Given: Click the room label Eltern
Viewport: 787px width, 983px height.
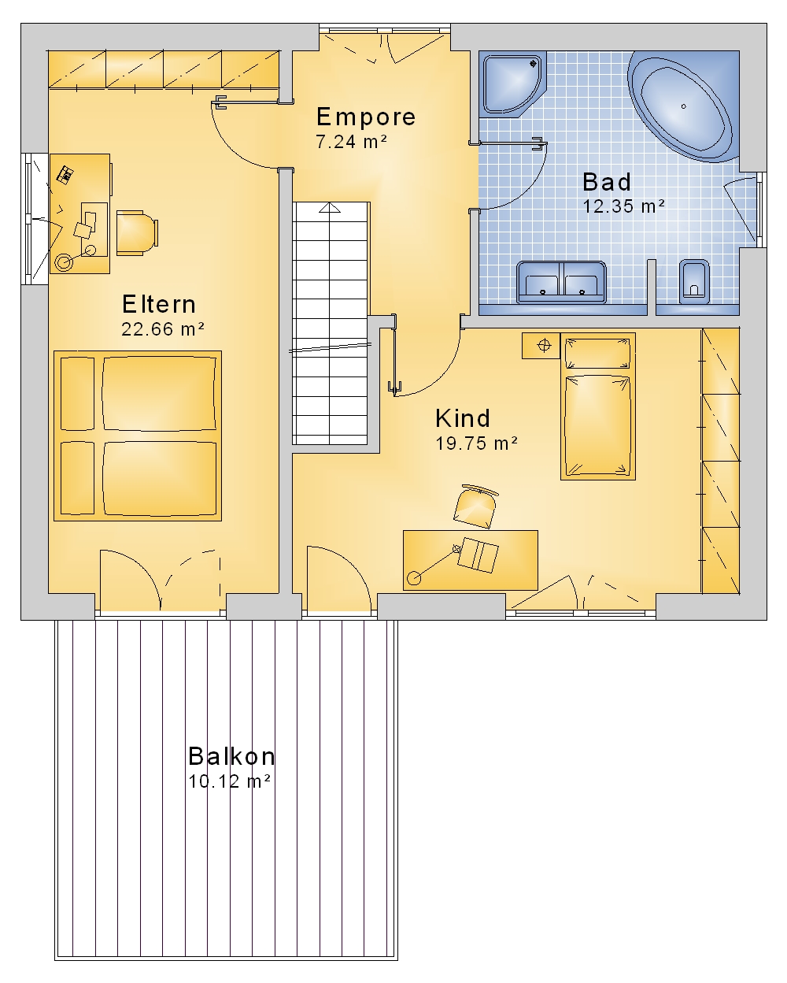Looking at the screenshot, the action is coord(159,304).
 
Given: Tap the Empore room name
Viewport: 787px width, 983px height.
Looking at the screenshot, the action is coord(366,117).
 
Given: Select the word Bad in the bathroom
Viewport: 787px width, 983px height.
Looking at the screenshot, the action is coord(607,182).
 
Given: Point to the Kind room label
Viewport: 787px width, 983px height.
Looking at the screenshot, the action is coord(463,418).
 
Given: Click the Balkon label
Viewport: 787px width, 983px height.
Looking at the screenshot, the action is coord(231,756).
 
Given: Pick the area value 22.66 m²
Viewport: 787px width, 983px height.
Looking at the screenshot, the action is coord(162,329).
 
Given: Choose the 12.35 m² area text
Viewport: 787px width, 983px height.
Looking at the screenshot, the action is coord(623,206).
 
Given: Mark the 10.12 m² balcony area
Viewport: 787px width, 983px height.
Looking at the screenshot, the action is coord(230,781).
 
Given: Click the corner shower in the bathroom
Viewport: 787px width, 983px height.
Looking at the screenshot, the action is coord(513,84).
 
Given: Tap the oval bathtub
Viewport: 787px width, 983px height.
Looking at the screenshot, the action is coord(683,106).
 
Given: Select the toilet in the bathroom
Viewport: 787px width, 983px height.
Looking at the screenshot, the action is coord(694,282).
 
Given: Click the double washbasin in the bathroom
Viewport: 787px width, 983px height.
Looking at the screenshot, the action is coord(561,282).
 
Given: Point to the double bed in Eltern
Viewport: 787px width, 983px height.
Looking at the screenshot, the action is coord(138,436).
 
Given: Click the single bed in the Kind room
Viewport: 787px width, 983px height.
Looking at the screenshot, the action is coord(598,406).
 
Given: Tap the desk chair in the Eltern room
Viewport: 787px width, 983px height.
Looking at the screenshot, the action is coord(138,233).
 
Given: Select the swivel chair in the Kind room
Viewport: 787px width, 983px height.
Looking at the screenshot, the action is coord(476,506).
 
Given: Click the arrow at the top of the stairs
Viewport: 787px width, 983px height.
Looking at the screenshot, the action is coord(330,208).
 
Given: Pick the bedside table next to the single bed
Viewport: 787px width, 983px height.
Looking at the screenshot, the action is coord(541,346).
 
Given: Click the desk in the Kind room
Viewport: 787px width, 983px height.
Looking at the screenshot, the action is coord(470,561).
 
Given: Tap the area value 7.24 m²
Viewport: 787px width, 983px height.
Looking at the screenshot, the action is coord(352,142).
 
